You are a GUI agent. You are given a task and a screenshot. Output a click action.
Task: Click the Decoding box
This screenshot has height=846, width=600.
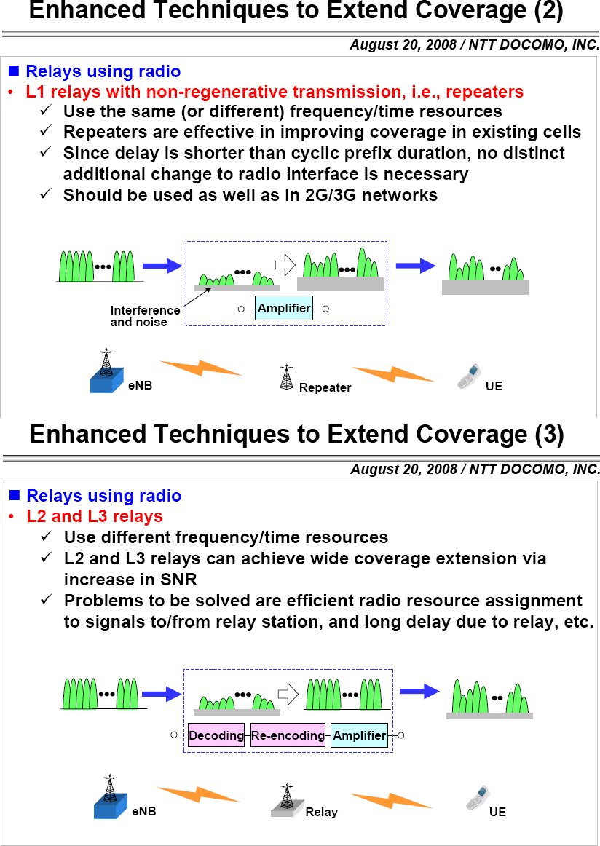pos(216,735)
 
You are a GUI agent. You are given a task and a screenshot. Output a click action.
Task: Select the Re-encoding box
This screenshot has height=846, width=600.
pos(288,735)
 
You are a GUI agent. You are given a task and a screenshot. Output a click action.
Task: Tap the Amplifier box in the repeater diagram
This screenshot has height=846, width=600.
pos(284,308)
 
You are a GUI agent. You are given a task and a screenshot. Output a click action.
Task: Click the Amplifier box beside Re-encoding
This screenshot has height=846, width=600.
pos(359,735)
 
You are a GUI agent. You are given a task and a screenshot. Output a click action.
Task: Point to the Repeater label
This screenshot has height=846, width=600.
pos(325,388)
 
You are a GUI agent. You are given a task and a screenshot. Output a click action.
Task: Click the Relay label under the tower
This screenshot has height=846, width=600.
pos(321,812)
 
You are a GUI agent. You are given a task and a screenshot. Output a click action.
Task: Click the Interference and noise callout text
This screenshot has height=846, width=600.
pos(145,316)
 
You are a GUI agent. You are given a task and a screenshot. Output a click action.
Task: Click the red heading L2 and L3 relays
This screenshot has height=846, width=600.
pos(95,516)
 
